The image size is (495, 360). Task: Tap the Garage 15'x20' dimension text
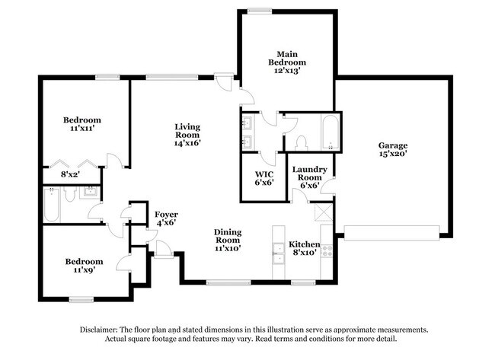coord(393,154)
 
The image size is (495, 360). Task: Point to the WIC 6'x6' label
coord(264,178)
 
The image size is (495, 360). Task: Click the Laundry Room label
coord(309,174)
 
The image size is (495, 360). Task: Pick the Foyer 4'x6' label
coord(166,218)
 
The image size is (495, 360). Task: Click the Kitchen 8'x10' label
coord(304,248)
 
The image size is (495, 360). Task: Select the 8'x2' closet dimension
coord(70,174)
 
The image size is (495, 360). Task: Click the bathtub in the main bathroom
coord(331,133)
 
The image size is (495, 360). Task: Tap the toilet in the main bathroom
coord(302,143)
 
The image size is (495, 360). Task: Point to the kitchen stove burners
coord(327,250)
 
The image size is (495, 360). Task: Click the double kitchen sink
coord(279,253)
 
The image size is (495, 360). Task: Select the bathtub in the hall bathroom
coord(52,205)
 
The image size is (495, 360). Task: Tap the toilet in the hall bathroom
coord(69,194)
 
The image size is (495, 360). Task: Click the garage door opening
coord(391,233)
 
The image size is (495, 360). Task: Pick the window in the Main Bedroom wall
coord(260,11)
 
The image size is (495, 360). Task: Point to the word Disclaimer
coord(98,330)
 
